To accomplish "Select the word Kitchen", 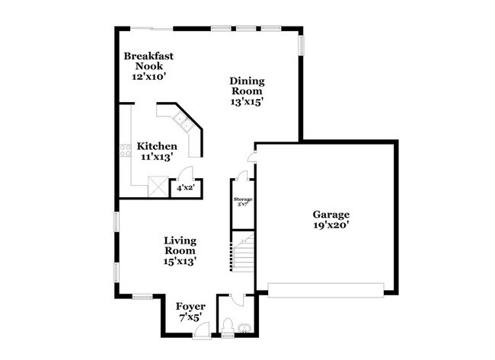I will pos(157,146).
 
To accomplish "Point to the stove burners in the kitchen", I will pos(125,150).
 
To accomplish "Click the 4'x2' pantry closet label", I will pos(185,187).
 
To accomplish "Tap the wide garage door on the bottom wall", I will pos(326,290).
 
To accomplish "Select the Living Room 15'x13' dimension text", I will pos(180,261).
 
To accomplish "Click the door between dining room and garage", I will pos(252,158).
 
